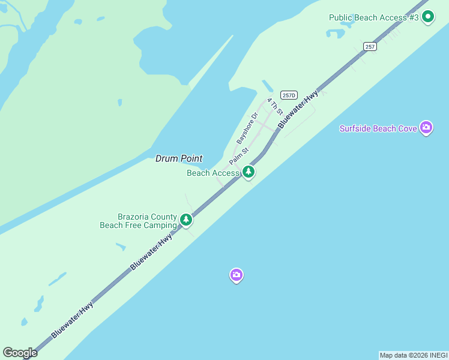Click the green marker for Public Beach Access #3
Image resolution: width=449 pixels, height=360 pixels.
(x=427, y=17)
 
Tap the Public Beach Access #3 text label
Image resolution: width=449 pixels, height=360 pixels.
(x=373, y=17)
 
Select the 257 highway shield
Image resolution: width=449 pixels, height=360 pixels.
(x=370, y=47)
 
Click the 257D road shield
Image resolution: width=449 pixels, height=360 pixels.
(x=289, y=95)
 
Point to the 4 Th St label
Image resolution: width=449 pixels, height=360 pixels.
(x=275, y=106)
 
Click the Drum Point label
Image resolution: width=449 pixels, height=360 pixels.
(x=179, y=158)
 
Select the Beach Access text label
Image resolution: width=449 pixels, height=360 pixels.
(x=213, y=173)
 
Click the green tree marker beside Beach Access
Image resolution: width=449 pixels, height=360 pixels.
(x=248, y=173)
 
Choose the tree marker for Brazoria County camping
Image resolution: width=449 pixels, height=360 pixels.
(x=186, y=220)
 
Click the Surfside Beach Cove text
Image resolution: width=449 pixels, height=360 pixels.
(x=378, y=128)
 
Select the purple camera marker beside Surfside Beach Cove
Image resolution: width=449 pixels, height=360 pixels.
(x=426, y=127)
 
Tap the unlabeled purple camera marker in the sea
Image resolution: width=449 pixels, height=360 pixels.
(x=237, y=275)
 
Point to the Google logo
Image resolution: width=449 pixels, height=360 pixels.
(x=20, y=353)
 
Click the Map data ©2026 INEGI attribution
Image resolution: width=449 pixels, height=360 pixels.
(x=414, y=355)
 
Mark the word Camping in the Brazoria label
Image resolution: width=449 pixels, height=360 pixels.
(x=160, y=225)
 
